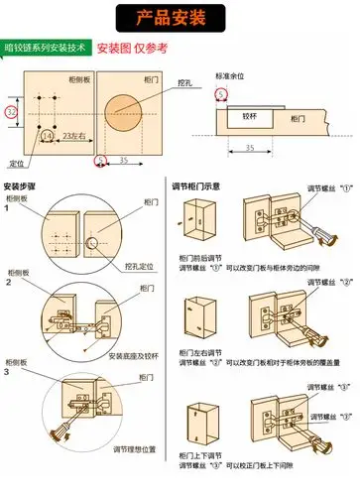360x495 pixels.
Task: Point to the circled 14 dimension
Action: tap(46, 134)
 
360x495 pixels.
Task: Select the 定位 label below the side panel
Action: tap(16, 162)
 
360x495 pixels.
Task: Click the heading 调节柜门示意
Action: tap(203, 186)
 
